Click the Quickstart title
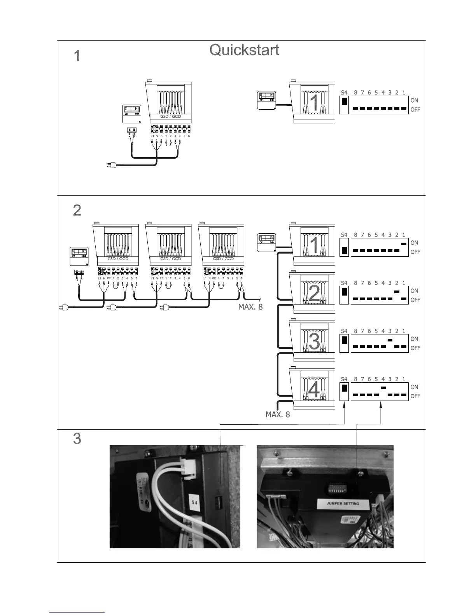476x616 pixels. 244,50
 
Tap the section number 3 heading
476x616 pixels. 77,439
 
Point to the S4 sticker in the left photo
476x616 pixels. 195,502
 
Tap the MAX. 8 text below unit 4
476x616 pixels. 278,415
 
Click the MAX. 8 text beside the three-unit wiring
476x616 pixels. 250,307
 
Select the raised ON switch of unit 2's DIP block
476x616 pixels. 397,292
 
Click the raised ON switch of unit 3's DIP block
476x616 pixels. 390,340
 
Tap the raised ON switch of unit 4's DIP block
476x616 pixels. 383,388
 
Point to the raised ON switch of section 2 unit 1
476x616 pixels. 404,243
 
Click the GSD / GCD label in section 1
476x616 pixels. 170,117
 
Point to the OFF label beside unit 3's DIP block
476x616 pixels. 415,348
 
